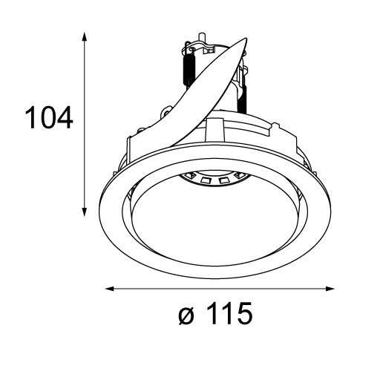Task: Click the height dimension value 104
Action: (x=49, y=117)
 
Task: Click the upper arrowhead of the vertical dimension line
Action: (x=85, y=37)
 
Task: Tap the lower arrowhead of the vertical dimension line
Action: (x=85, y=212)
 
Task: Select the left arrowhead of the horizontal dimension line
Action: (x=111, y=289)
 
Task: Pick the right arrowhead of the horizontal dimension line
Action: (x=330, y=289)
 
